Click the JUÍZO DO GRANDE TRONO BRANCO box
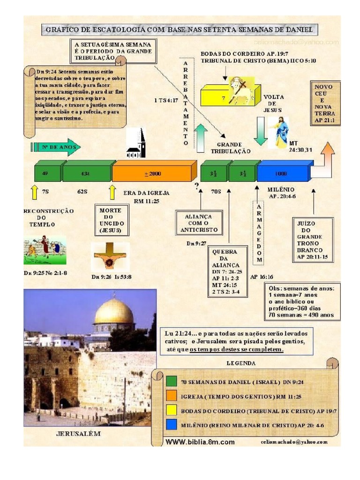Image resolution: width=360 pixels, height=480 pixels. click(313, 240)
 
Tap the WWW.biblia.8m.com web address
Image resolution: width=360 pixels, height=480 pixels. click(200, 442)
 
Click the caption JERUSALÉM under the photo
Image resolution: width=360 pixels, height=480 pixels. click(79, 434)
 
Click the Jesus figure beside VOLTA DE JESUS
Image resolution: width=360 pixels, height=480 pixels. click(281, 133)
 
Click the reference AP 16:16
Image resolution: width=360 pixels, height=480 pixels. click(262, 277)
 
